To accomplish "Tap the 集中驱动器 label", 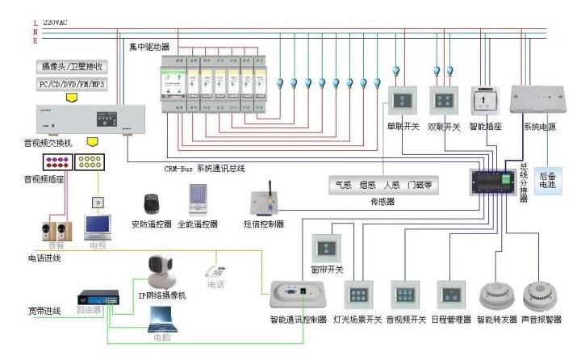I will point(149,48).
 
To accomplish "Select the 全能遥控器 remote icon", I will point(197,199).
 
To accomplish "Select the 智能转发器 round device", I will point(494,293).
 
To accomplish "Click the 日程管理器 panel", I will point(449,292).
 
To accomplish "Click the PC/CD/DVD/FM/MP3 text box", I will point(72,84).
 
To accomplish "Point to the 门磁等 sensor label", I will point(420,185).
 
